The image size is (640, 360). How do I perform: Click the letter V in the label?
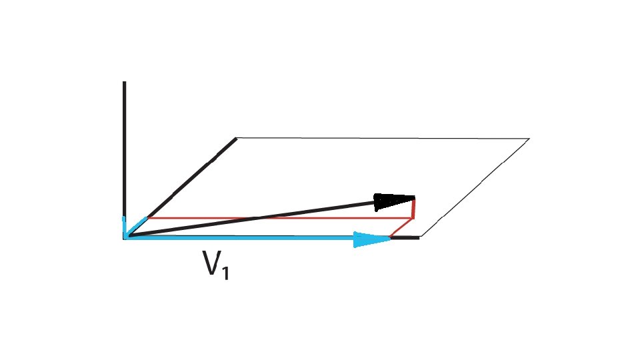click(211, 265)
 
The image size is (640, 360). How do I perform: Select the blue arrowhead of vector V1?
click(371, 239)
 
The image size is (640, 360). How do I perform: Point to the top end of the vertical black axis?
click(124, 83)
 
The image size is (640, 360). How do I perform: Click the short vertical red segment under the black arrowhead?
click(413, 209)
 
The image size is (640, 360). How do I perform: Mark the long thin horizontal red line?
click(280, 218)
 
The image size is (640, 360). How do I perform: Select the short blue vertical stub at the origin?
click(124, 225)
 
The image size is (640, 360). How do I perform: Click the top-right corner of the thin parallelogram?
click(529, 139)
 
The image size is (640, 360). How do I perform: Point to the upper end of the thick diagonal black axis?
click(235, 139)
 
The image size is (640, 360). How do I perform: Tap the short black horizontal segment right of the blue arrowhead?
click(405, 237)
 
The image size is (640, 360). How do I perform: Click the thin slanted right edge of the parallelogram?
click(475, 188)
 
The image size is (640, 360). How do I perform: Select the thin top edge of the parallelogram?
click(383, 139)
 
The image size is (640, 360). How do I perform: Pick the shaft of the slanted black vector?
click(253, 217)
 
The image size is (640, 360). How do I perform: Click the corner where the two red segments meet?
click(413, 219)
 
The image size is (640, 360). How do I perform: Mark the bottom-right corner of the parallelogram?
click(420, 237)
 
